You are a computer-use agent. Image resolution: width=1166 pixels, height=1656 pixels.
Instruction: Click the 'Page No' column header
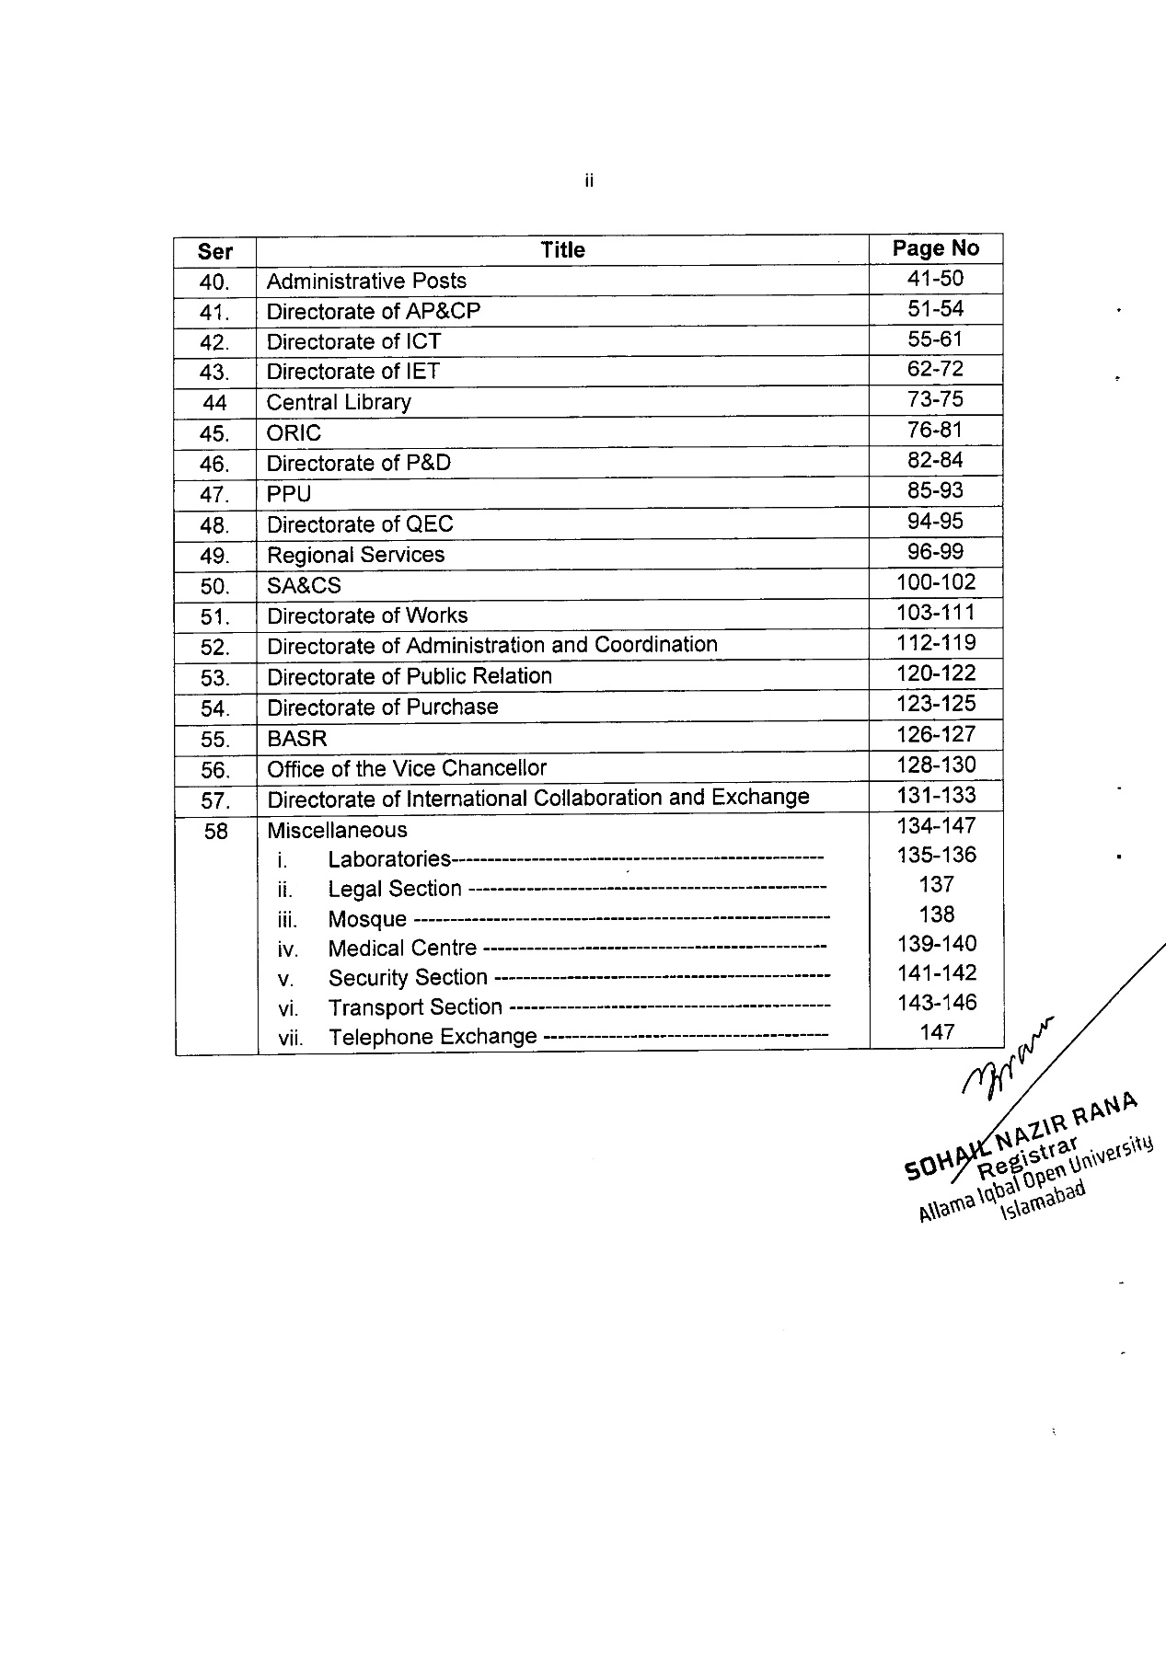click(x=935, y=248)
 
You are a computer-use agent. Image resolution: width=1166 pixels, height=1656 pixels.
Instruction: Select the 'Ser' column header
click(x=214, y=251)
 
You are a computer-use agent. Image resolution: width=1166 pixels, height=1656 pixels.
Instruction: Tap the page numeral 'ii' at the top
click(x=589, y=181)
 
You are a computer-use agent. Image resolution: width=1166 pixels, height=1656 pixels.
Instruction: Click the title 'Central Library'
click(x=339, y=402)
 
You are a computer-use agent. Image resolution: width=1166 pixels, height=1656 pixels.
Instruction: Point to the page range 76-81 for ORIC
click(x=935, y=430)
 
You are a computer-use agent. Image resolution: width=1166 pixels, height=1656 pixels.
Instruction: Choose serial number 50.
click(x=214, y=586)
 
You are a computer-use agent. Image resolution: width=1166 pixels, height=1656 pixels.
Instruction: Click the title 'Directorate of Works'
click(x=367, y=615)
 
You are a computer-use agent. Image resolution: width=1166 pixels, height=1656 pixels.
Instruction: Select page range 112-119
click(x=935, y=643)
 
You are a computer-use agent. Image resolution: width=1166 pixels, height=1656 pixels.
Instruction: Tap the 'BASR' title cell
click(x=296, y=739)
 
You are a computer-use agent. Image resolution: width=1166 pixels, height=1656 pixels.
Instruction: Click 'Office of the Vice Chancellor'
click(x=407, y=768)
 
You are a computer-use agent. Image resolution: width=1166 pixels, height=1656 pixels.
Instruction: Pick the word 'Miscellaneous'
click(x=337, y=830)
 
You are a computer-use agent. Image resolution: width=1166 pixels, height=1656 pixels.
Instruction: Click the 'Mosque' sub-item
click(x=367, y=919)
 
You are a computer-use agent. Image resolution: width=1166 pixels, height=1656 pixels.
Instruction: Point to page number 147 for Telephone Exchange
click(x=937, y=1032)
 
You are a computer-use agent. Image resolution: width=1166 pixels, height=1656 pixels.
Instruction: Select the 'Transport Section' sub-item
click(x=415, y=1007)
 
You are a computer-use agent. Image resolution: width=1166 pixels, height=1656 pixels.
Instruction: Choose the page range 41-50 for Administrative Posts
click(x=935, y=278)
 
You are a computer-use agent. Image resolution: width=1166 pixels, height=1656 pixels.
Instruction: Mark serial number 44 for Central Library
click(x=214, y=403)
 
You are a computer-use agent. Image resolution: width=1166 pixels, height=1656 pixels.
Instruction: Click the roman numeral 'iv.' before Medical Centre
click(x=288, y=949)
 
